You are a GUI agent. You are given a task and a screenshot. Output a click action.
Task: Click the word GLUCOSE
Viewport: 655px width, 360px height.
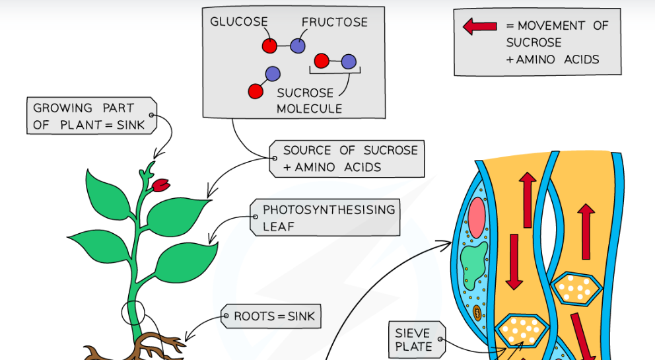239,22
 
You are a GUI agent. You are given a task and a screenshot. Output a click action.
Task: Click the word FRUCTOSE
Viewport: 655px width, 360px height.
335,22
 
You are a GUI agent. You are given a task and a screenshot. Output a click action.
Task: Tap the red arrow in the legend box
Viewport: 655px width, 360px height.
480,26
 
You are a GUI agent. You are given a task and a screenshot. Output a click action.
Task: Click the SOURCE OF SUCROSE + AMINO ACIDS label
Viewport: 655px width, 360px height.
347,159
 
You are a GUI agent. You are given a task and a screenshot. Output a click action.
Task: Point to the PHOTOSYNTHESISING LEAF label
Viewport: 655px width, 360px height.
328,217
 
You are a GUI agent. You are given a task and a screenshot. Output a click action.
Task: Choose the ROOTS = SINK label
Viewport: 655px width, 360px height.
270,316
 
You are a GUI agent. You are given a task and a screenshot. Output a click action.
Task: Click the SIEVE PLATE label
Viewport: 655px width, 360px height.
413,340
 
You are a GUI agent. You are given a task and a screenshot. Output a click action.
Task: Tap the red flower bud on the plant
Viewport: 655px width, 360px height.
160,186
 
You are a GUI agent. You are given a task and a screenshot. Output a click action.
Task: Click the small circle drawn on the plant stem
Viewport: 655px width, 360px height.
133,313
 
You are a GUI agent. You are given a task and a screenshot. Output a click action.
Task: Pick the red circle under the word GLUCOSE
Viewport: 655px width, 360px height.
269,46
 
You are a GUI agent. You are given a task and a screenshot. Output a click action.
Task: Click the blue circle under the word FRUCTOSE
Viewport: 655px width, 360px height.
298,46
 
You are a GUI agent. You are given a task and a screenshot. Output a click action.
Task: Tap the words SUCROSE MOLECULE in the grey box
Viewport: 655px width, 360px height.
309,100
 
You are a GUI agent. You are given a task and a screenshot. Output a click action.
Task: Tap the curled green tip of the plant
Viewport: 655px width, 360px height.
150,167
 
